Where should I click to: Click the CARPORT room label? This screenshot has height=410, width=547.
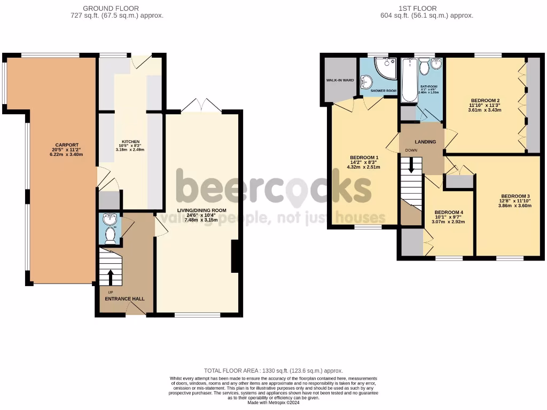pyautogui.click(x=66, y=145)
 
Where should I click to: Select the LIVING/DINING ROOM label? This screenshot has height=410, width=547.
pyautogui.click(x=201, y=210)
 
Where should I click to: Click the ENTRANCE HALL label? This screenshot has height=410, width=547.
pyautogui.click(x=124, y=298)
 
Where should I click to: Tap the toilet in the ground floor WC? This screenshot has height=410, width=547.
pyautogui.click(x=110, y=235)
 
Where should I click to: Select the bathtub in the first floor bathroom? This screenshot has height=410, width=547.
pyautogui.click(x=408, y=80)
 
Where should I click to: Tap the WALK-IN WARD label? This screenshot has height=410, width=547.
pyautogui.click(x=340, y=81)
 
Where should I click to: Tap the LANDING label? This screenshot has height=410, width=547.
pyautogui.click(x=425, y=142)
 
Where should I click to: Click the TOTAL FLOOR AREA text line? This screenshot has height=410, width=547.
pyautogui.click(x=273, y=370)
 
